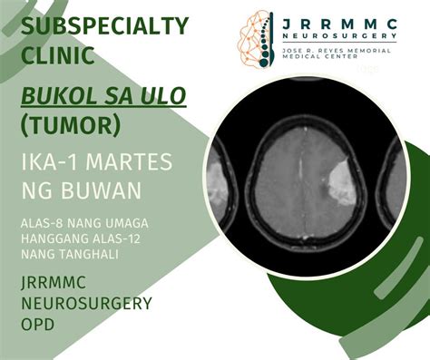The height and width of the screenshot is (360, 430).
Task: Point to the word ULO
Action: point(165,95)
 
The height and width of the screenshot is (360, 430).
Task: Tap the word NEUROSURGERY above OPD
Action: point(86,303)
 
